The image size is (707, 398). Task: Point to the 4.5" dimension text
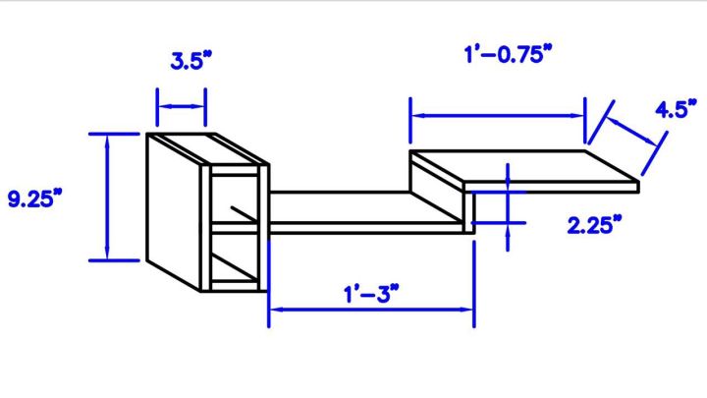[678, 109]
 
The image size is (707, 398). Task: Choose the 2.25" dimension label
[595, 225]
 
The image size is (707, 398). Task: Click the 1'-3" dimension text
[370, 293]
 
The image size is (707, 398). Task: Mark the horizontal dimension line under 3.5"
[182, 106]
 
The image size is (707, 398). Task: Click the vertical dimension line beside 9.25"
[106, 197]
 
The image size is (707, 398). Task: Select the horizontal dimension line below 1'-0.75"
[497, 116]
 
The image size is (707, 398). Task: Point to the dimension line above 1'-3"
[371, 310]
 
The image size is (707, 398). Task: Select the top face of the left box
[206, 148]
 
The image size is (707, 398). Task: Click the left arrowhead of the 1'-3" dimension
[275, 310]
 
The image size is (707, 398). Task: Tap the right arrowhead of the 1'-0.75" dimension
[578, 116]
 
